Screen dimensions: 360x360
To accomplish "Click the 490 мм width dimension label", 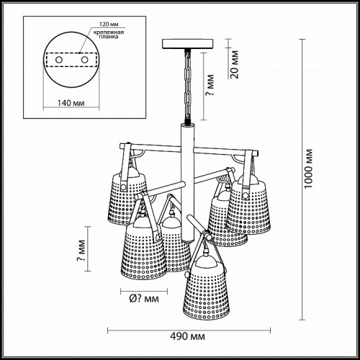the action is pyautogui.click(x=187, y=336).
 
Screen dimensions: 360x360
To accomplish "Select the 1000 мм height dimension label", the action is pyautogui.click(x=308, y=168).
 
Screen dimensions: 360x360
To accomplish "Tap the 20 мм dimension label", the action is pyautogui.click(x=234, y=64).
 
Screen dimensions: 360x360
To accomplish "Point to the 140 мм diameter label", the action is pyautogui.click(x=71, y=103).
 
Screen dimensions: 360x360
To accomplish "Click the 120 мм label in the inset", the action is pyautogui.click(x=109, y=24).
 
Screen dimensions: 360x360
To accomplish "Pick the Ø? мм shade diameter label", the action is pyautogui.click(x=144, y=299).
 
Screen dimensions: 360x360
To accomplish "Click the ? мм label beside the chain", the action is pyautogui.click(x=210, y=85).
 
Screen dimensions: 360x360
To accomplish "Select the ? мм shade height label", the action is pyautogui.click(x=81, y=251).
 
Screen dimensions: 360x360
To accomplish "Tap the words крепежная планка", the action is pyautogui.click(x=109, y=35).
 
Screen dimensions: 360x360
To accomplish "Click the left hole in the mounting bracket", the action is pyautogui.click(x=59, y=60).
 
